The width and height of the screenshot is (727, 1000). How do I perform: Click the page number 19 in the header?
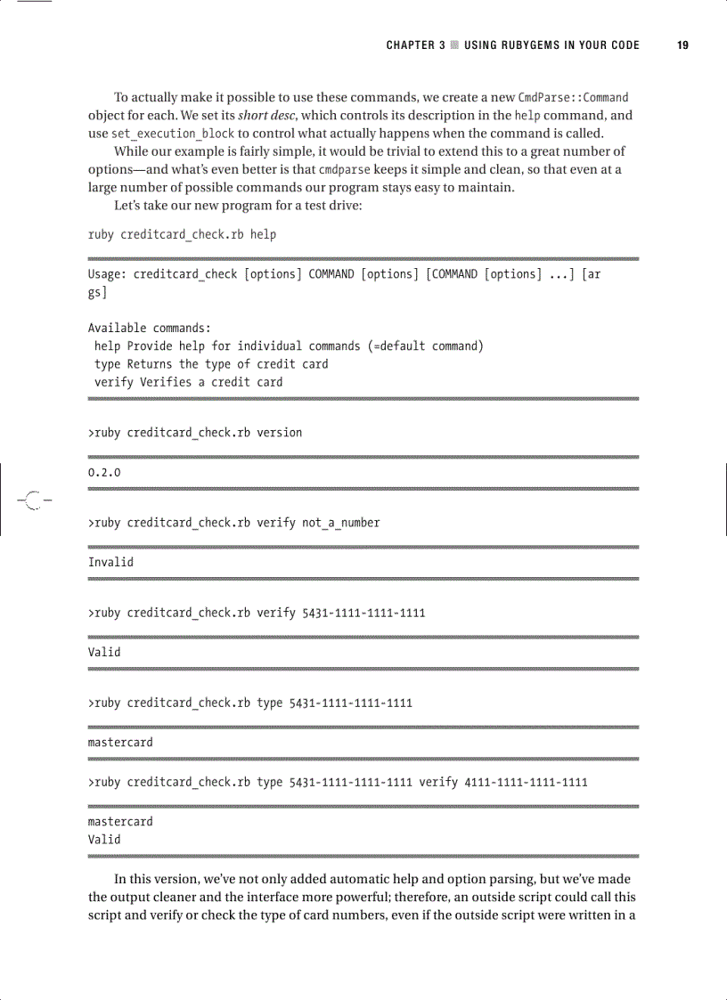point(682,45)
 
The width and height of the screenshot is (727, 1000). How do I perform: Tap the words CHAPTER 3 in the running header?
point(415,45)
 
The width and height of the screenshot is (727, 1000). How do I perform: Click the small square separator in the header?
point(454,45)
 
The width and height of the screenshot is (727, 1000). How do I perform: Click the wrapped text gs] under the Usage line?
point(97,292)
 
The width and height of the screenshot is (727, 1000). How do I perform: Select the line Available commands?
point(149,328)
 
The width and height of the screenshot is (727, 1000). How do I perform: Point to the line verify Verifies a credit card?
point(188,382)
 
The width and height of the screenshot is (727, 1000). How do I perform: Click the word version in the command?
point(279,433)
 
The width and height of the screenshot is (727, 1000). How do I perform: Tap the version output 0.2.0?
point(103,472)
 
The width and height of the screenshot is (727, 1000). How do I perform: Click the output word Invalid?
point(110,562)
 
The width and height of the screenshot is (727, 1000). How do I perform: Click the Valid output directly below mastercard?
point(103,839)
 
